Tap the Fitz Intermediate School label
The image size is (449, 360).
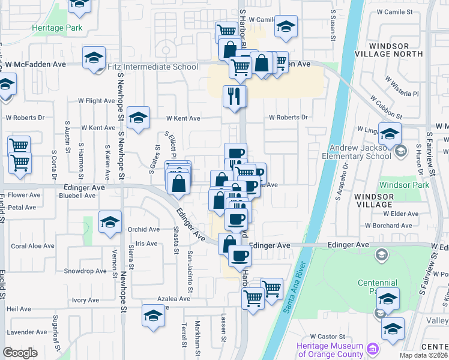[x=152, y=66]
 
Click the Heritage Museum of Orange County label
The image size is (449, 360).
[x=330, y=350]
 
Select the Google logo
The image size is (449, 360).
[x=20, y=352]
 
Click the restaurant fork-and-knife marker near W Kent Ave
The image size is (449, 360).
[x=234, y=95]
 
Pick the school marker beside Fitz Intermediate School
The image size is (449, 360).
[x=94, y=58]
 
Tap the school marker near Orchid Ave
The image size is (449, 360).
[x=110, y=223]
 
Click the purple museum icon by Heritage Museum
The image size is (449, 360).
[x=373, y=349]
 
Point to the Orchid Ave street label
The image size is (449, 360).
[x=143, y=229]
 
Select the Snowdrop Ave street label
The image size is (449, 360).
[x=85, y=271]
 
